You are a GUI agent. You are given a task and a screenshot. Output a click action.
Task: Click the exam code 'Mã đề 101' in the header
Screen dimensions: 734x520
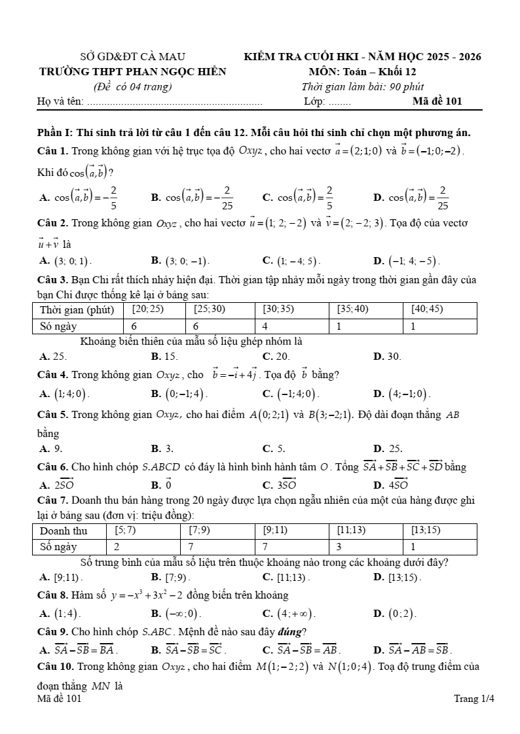[x=437, y=101]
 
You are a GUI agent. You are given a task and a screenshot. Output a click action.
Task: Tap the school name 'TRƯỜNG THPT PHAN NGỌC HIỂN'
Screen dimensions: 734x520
[x=132, y=72]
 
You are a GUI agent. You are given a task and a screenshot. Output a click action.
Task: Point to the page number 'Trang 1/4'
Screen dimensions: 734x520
[x=474, y=699]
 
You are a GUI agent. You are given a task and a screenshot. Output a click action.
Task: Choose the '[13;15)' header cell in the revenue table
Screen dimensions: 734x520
[x=426, y=530]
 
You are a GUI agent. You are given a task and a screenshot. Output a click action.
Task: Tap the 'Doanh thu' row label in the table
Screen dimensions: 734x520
[x=64, y=531]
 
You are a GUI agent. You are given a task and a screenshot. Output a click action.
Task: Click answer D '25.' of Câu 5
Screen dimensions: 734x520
[x=388, y=449]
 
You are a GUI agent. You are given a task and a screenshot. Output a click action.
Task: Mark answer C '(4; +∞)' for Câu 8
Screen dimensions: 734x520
[x=289, y=614]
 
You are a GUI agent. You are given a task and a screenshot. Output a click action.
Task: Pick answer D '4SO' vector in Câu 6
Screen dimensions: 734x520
[x=391, y=485]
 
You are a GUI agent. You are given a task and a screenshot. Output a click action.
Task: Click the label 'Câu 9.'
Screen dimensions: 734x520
[x=53, y=631]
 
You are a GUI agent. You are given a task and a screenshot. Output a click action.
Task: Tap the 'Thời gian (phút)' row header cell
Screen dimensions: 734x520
[x=77, y=309]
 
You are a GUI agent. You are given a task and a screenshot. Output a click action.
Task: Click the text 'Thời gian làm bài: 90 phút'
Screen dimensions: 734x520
[x=362, y=86]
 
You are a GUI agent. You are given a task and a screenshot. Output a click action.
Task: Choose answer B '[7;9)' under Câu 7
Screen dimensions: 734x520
[x=171, y=577]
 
